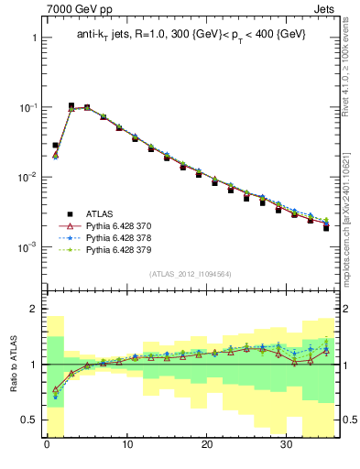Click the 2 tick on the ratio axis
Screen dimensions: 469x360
click(x=32, y=310)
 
